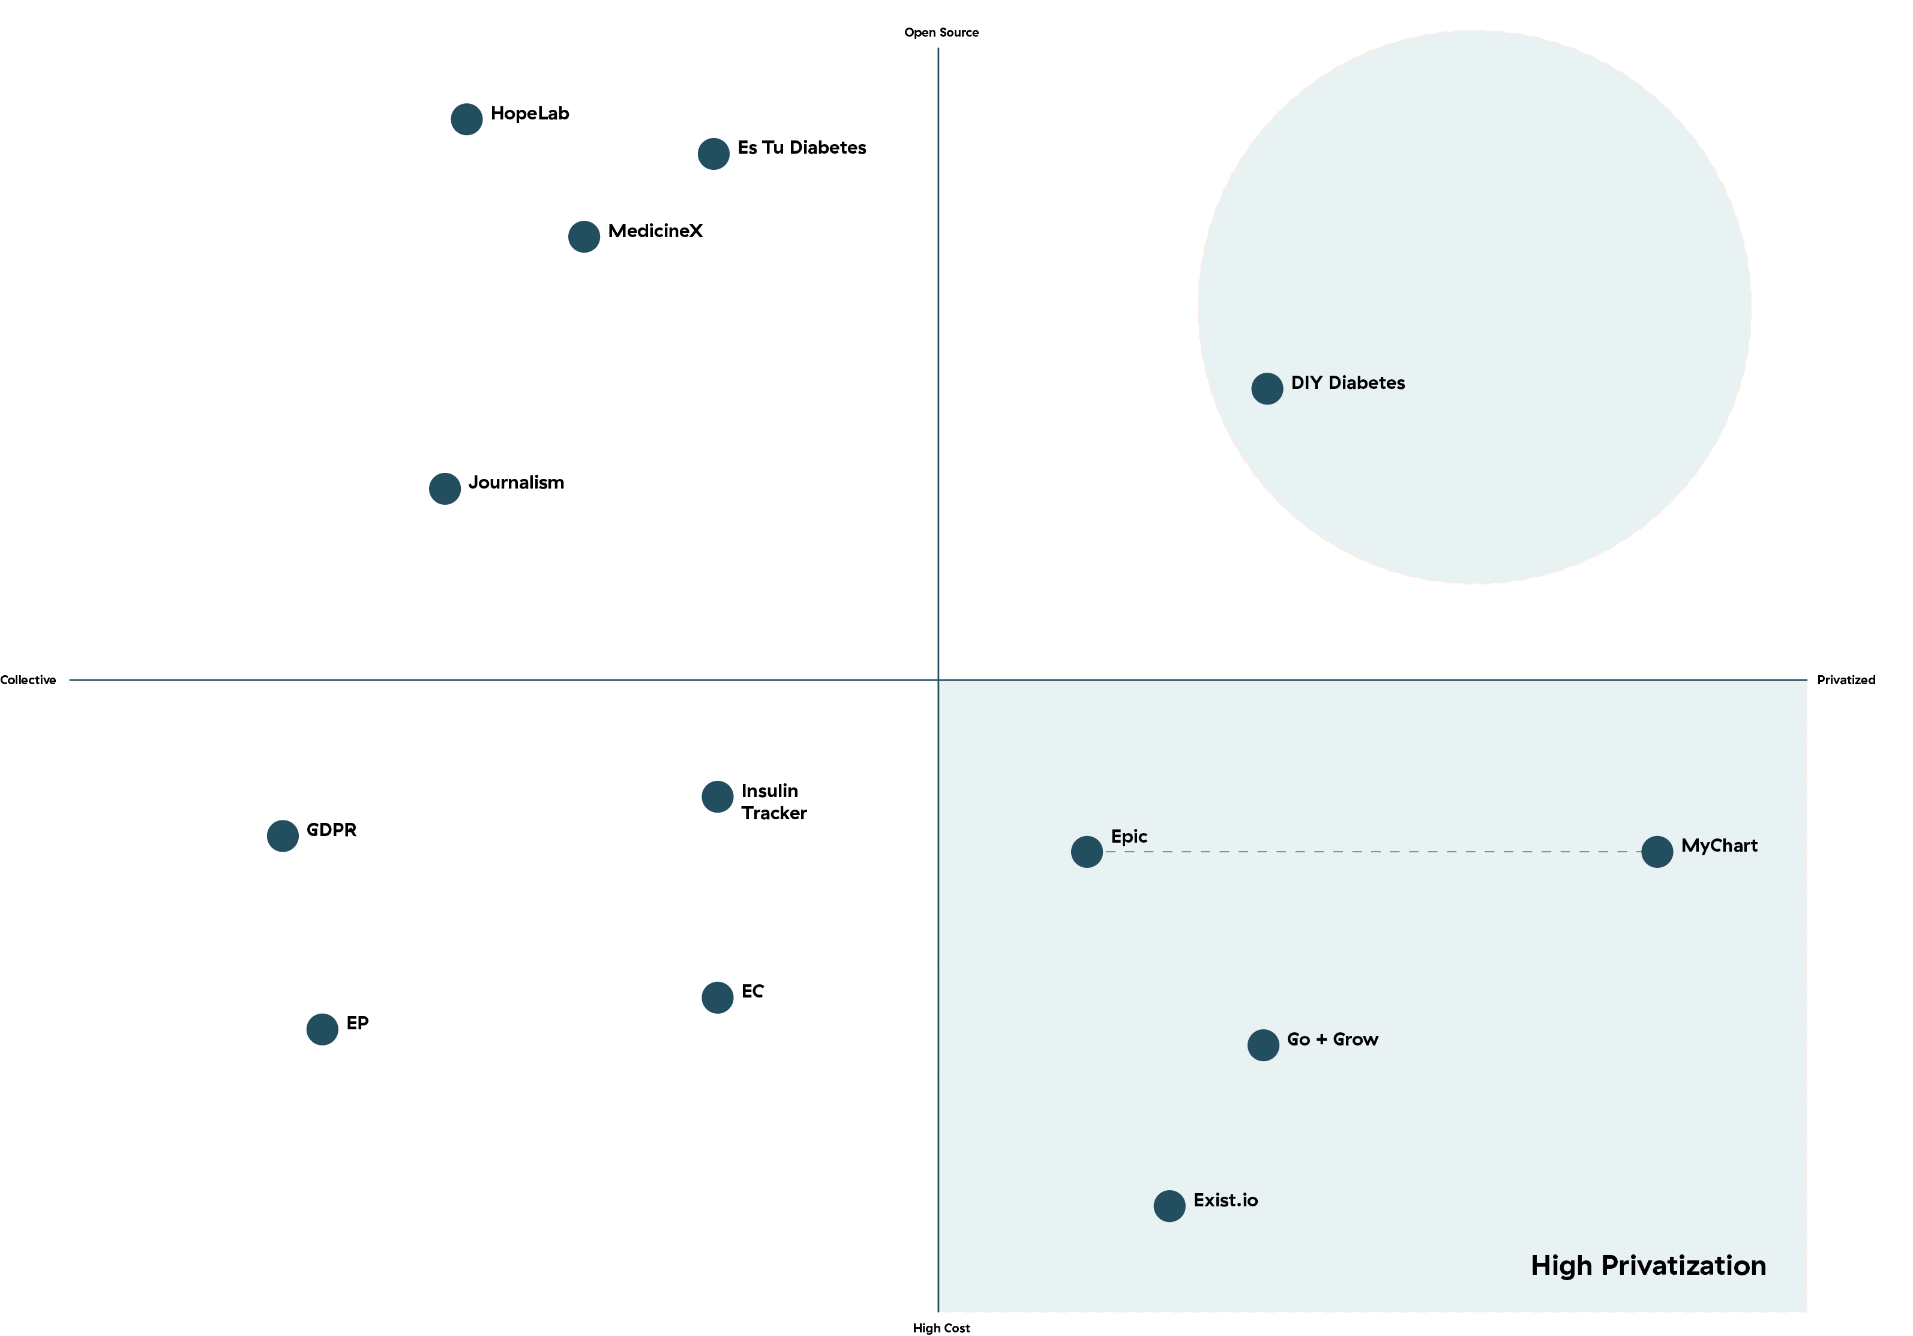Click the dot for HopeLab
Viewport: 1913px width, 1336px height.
(x=467, y=119)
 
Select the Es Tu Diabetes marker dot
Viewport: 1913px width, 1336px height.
(x=713, y=154)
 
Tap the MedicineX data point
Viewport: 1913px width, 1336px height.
(x=584, y=236)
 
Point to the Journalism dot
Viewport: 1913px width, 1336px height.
(x=445, y=489)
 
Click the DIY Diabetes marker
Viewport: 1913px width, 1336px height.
(x=1267, y=388)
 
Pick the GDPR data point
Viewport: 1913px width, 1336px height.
(x=283, y=835)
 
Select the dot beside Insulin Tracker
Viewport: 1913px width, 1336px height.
(x=718, y=797)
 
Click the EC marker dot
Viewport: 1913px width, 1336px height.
(x=718, y=997)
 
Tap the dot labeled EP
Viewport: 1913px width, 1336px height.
(x=322, y=1029)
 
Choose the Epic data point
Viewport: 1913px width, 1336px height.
(x=1087, y=852)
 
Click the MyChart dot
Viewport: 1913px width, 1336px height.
(x=1656, y=852)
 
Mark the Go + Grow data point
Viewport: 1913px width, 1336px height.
(x=1263, y=1045)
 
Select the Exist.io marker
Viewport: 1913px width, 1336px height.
(x=1169, y=1205)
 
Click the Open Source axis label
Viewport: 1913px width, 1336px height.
(x=941, y=32)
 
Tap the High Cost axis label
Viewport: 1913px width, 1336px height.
(x=941, y=1328)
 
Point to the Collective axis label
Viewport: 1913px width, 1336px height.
(x=28, y=680)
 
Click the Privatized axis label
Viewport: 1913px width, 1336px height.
(x=1846, y=680)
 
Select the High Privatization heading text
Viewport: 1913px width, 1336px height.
(x=1648, y=1265)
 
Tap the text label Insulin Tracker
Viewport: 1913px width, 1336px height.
(x=774, y=802)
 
